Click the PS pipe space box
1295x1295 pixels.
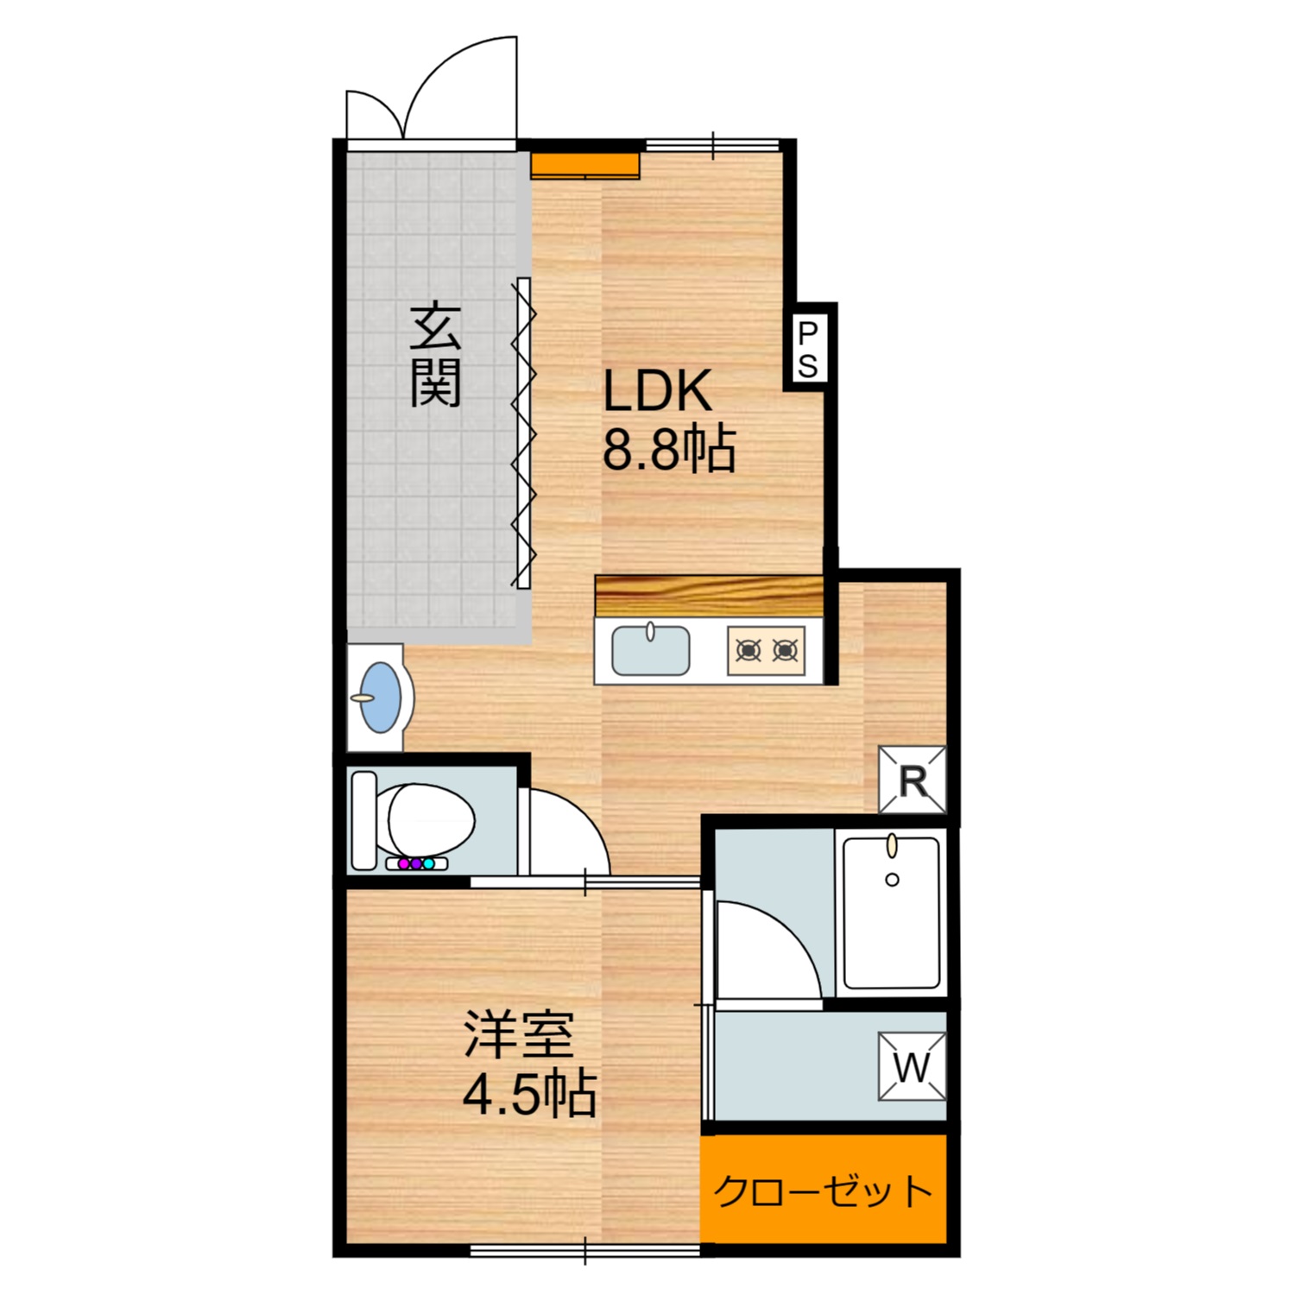click(808, 348)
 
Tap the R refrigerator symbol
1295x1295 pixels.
click(913, 780)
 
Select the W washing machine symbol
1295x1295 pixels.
click(912, 1066)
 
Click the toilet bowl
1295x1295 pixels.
click(430, 818)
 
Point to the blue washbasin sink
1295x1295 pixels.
click(381, 698)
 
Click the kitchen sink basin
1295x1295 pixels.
click(650, 651)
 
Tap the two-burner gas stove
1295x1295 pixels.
click(766, 650)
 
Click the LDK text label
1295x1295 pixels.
click(657, 390)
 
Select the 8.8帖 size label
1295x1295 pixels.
click(668, 449)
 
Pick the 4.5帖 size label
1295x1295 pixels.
click(529, 1095)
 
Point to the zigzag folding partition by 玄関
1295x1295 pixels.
click(523, 432)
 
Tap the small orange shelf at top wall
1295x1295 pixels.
click(585, 165)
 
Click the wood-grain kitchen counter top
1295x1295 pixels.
click(708, 595)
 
